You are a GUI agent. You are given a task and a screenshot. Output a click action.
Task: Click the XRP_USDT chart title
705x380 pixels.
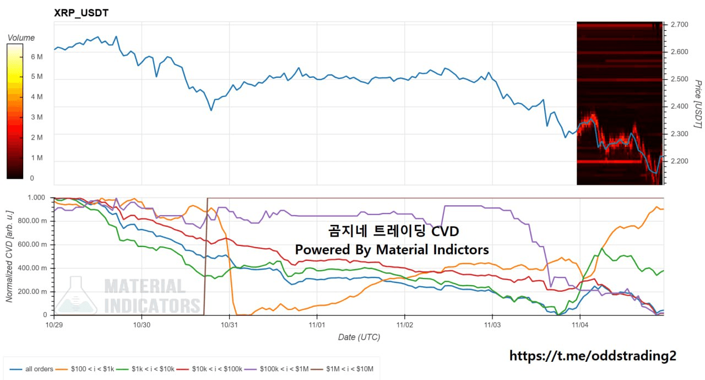(81, 13)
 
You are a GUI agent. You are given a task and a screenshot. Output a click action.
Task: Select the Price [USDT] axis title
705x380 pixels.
(697, 104)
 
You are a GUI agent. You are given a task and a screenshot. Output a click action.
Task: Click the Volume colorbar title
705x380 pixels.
(21, 38)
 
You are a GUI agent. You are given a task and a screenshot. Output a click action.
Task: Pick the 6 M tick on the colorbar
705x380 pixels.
(37, 57)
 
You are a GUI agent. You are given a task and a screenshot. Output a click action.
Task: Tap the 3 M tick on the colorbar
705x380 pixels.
(37, 117)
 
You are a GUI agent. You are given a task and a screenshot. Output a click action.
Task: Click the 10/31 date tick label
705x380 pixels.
(229, 325)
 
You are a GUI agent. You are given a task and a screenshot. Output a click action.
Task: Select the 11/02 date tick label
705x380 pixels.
(405, 325)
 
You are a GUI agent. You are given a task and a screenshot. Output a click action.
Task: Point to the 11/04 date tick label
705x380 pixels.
(580, 325)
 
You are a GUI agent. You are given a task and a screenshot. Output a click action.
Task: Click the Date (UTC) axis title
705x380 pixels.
(359, 337)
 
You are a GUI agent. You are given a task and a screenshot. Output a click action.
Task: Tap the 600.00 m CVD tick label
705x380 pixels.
(34, 245)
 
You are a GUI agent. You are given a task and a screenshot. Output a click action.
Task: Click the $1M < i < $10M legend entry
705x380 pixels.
(347, 369)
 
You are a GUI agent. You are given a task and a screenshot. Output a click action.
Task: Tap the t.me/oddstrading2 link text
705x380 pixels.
(592, 356)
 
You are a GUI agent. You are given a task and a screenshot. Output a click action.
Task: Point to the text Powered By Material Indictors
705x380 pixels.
(392, 250)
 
